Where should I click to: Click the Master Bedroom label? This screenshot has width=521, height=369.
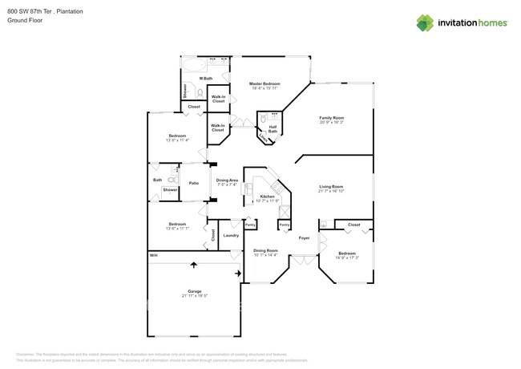[264, 83]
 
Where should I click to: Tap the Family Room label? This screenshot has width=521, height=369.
[331, 118]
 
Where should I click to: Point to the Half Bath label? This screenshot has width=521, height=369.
[273, 128]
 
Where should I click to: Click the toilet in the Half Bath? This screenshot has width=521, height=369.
[263, 118]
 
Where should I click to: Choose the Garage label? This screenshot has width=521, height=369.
[193, 291]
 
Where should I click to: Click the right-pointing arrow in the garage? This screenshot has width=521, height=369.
[238, 274]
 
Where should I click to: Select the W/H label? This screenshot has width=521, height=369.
[153, 255]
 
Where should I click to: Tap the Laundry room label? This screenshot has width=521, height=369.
[230, 236]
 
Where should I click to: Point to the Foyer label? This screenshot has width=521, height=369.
[304, 238]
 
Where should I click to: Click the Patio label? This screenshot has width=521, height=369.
[193, 184]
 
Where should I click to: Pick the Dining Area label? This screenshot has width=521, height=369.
[227, 180]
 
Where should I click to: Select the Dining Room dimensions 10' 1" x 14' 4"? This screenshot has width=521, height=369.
[265, 255]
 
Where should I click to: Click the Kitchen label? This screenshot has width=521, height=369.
[267, 196]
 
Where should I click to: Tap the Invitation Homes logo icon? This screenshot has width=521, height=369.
[425, 22]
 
